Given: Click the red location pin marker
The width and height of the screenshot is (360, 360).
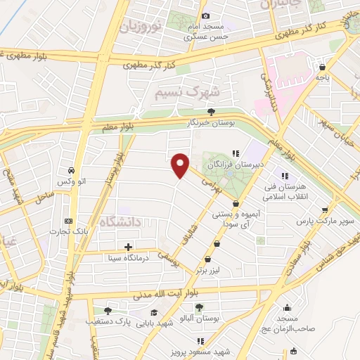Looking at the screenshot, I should point(181,165).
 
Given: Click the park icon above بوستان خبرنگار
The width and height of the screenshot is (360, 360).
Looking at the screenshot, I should point(211,111).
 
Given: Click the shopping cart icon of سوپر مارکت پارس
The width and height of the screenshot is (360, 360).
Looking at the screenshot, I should point(323,210).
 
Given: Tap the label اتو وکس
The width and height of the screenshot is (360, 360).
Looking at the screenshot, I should point(72,182).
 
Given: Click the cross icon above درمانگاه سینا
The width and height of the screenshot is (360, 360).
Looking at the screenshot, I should point(128,247).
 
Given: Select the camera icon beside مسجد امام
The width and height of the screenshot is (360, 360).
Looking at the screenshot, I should point(205,16).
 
